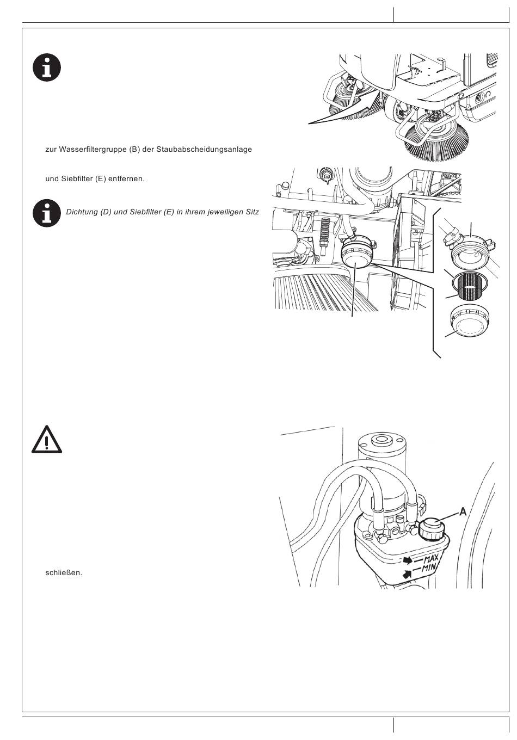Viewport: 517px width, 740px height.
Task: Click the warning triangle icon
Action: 47,440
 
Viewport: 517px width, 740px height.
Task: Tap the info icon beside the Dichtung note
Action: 47,213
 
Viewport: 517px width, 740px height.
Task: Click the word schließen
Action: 64,573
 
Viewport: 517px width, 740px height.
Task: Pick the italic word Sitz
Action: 252,212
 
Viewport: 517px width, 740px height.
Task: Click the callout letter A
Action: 463,512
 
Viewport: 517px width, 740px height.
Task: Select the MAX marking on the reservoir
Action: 431,559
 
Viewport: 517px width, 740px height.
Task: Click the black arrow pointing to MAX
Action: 408,560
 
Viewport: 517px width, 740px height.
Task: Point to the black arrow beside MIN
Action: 407,574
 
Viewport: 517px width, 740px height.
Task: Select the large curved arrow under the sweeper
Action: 343,110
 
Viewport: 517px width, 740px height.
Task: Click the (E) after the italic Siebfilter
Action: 169,212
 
